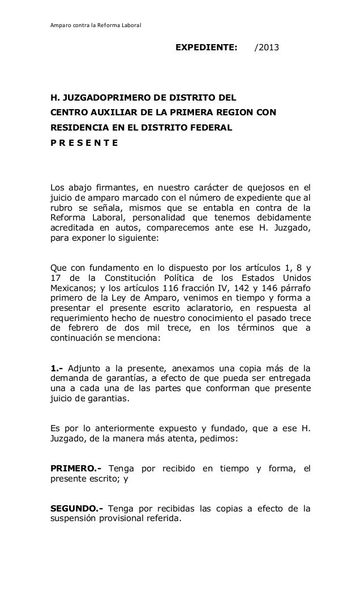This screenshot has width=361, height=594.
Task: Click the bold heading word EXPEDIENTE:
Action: (206, 49)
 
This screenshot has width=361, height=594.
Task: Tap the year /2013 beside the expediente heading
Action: (266, 49)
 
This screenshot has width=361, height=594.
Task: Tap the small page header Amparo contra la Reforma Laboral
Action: (88, 26)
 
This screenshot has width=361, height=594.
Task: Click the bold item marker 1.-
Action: (58, 371)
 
